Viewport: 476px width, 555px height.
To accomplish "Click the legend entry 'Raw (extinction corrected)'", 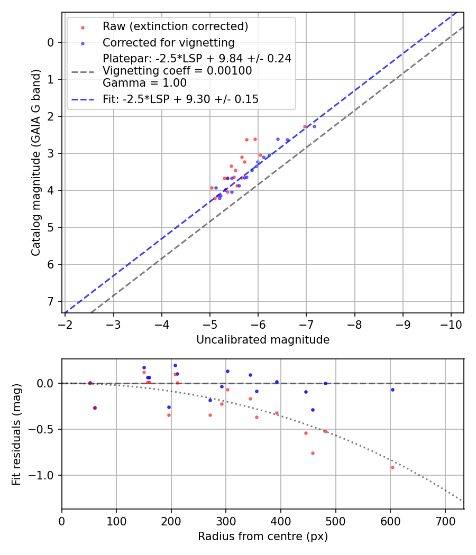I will point(175,26).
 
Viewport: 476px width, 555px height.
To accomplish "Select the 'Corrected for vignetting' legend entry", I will point(168,42).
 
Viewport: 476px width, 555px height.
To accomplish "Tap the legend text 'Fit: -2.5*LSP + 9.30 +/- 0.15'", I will point(180,99).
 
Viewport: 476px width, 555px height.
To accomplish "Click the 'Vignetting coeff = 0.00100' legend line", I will point(177,71).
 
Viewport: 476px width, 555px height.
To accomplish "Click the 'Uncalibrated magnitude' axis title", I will point(263,340).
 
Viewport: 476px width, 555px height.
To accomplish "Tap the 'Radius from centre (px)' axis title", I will point(263,536).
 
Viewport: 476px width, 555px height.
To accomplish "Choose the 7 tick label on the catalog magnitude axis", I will point(51,301).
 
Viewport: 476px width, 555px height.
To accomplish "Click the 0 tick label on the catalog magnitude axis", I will point(51,42).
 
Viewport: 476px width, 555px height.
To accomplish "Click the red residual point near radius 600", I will point(392,467).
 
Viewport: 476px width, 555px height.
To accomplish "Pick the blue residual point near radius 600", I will point(392,390).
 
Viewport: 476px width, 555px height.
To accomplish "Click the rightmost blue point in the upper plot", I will point(314,126).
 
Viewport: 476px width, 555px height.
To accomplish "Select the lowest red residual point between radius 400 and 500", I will point(313,453).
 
